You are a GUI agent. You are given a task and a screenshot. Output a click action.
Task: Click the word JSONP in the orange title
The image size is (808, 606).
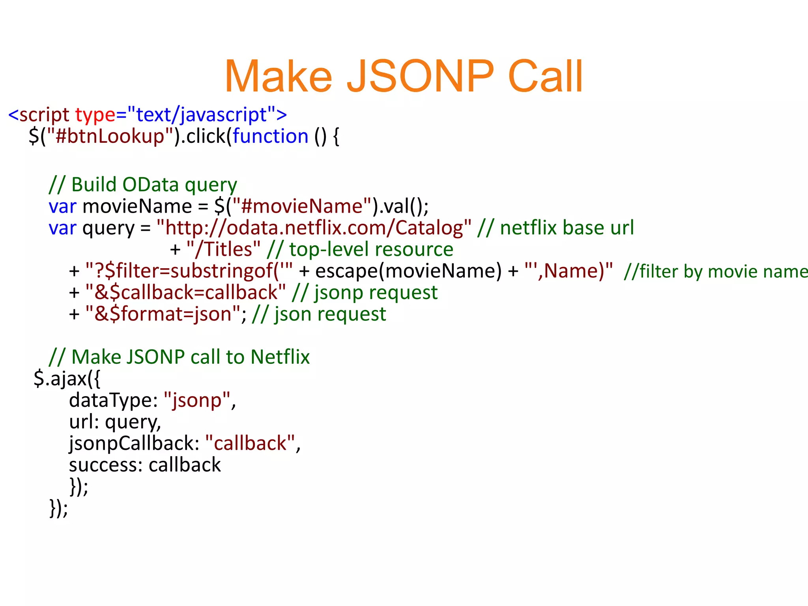click(x=420, y=76)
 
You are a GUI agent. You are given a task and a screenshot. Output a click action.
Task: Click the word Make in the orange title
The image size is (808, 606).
click(x=279, y=76)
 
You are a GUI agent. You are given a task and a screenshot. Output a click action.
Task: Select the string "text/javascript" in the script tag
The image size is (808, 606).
click(x=201, y=115)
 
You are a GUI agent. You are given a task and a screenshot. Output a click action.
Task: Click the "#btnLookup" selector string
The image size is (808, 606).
click(x=110, y=137)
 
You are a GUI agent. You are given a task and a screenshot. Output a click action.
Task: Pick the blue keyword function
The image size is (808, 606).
click(x=270, y=137)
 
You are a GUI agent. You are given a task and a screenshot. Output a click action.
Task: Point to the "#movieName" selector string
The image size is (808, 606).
click(x=302, y=206)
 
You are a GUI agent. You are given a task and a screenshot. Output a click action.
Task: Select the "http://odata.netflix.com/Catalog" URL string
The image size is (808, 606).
click(x=314, y=228)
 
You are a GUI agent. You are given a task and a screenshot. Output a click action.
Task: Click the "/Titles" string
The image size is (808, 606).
click(x=223, y=249)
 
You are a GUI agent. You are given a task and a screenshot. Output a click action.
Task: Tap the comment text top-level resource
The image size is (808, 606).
click(x=371, y=249)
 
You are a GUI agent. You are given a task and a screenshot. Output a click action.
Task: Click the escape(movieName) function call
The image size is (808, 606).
click(x=408, y=271)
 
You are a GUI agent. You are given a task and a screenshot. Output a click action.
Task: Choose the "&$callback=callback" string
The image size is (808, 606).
click(x=185, y=293)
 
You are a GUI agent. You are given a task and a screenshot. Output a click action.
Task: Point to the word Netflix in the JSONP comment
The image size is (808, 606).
click(x=280, y=357)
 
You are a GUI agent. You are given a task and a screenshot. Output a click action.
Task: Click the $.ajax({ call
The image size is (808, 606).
click(x=67, y=379)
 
